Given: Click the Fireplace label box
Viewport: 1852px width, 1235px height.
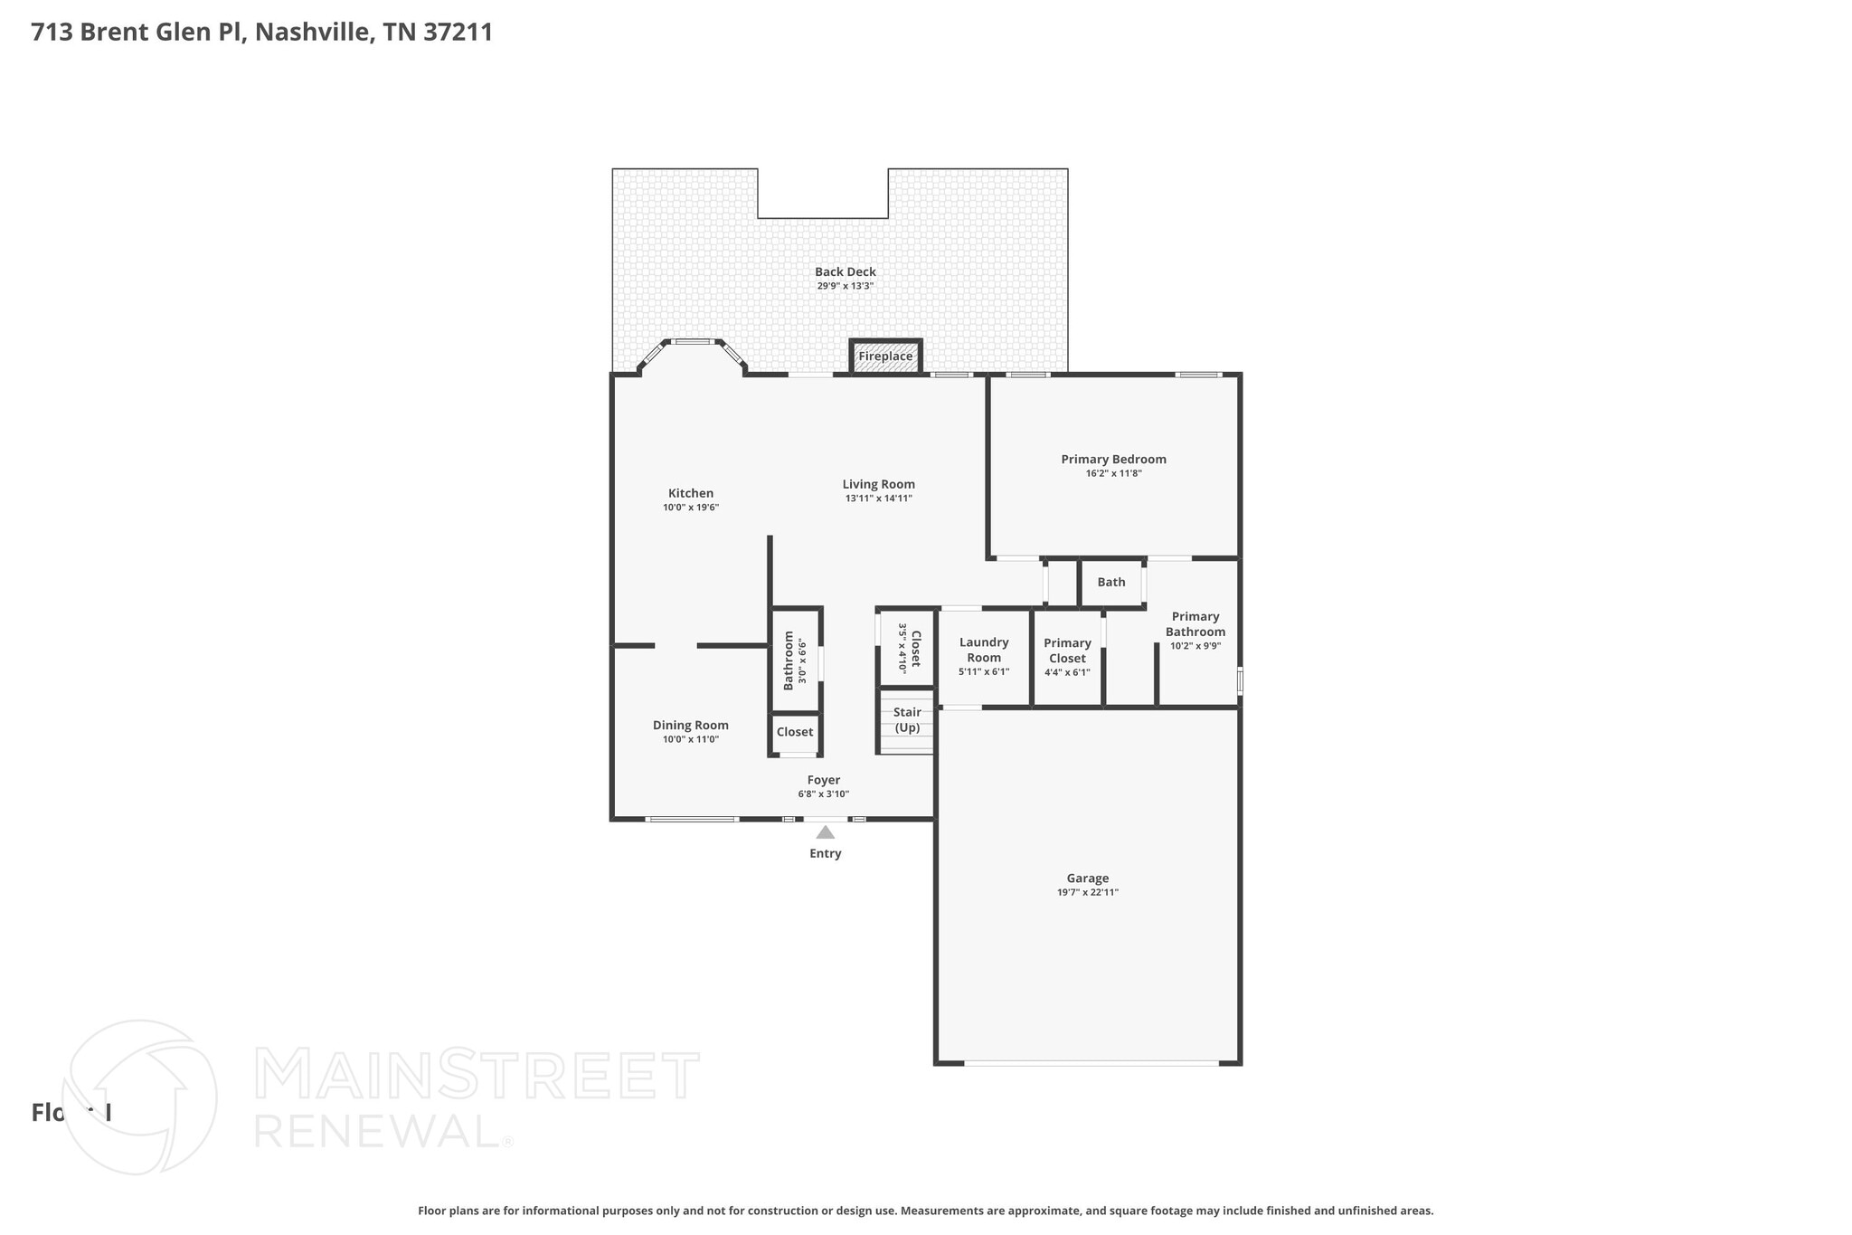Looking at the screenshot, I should click(x=885, y=356).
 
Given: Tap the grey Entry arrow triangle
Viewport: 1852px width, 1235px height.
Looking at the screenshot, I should click(x=825, y=832).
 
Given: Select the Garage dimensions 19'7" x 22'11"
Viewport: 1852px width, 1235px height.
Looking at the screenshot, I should click(x=1087, y=892).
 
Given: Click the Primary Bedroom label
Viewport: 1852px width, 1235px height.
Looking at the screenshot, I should click(x=1113, y=459).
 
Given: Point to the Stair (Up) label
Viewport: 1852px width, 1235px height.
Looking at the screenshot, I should click(x=907, y=720).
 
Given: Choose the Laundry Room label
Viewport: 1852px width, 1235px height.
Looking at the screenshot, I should click(x=984, y=650).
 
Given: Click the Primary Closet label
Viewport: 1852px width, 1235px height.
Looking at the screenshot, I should click(x=1067, y=651).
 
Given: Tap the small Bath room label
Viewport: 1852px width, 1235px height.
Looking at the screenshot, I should click(x=1111, y=582).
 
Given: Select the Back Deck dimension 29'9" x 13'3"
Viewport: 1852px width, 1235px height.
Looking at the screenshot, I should click(x=845, y=286).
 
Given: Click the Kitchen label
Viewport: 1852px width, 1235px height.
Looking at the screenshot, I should click(x=691, y=493).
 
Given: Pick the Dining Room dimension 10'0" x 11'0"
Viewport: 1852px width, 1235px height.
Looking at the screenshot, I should click(x=691, y=739).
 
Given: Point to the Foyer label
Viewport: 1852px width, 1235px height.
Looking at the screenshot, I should click(x=823, y=780).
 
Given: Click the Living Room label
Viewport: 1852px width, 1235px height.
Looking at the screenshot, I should click(x=878, y=484).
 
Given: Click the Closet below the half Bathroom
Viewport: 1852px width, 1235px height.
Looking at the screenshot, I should click(x=795, y=732).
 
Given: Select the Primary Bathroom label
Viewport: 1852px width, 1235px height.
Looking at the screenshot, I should click(x=1195, y=624).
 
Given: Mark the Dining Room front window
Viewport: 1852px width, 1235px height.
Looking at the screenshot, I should click(x=692, y=820).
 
